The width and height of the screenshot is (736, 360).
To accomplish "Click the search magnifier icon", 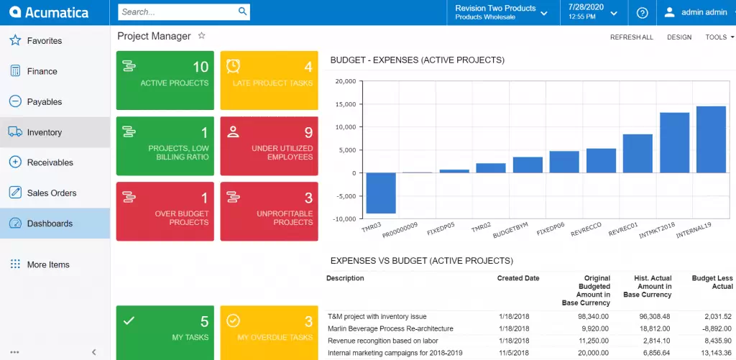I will pyautogui.click(x=243, y=11).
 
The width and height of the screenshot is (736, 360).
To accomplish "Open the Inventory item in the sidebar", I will pyautogui.click(x=45, y=132).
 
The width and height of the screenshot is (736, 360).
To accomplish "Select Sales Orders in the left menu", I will pyautogui.click(x=51, y=193).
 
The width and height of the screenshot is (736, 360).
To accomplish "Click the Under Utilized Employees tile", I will pyautogui.click(x=269, y=145).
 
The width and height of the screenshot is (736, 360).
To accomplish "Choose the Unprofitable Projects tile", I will pyautogui.click(x=269, y=211).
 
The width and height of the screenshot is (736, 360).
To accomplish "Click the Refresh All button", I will pyautogui.click(x=631, y=37).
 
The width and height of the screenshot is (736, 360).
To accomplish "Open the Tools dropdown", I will pyautogui.click(x=719, y=37).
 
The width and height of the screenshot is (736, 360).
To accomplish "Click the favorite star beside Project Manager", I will pyautogui.click(x=202, y=35).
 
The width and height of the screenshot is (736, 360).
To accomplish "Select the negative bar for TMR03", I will pyautogui.click(x=381, y=193).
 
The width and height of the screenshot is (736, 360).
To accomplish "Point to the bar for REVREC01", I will pyautogui.click(x=638, y=153).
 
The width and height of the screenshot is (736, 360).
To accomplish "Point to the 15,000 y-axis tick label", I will pyautogui.click(x=346, y=104).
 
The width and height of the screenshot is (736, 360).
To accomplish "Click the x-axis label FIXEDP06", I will pyautogui.click(x=550, y=230).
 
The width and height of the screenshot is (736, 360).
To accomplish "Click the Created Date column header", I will pyautogui.click(x=518, y=278).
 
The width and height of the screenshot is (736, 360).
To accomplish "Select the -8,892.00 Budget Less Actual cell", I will pyautogui.click(x=717, y=328).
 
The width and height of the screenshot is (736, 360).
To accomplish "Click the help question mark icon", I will pyautogui.click(x=643, y=12).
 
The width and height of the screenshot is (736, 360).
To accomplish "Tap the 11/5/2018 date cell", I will pyautogui.click(x=515, y=353).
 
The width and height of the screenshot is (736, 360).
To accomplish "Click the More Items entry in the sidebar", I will pyautogui.click(x=47, y=264).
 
